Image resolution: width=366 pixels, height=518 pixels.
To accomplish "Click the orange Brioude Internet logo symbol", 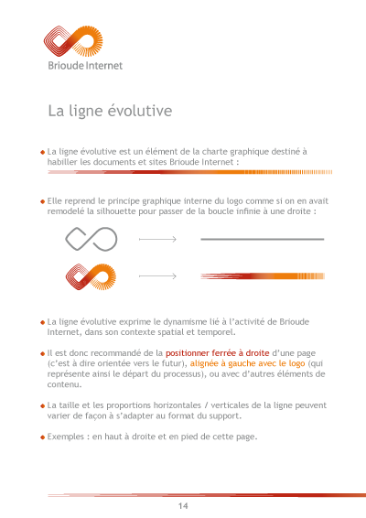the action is (x=73, y=43).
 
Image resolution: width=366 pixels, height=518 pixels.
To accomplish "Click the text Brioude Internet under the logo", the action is (x=85, y=66).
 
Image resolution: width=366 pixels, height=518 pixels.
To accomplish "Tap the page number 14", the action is (x=183, y=506).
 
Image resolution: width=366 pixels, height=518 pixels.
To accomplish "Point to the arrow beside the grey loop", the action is (x=156, y=239).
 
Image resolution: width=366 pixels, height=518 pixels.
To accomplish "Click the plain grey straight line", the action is (x=262, y=239).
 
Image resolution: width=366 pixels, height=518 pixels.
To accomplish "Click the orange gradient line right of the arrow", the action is (x=262, y=275).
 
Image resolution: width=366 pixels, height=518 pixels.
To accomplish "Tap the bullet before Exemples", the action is (x=42, y=437).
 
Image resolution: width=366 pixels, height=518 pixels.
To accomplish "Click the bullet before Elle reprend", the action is (x=42, y=200).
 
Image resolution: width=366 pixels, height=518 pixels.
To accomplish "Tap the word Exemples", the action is (x=67, y=437).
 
